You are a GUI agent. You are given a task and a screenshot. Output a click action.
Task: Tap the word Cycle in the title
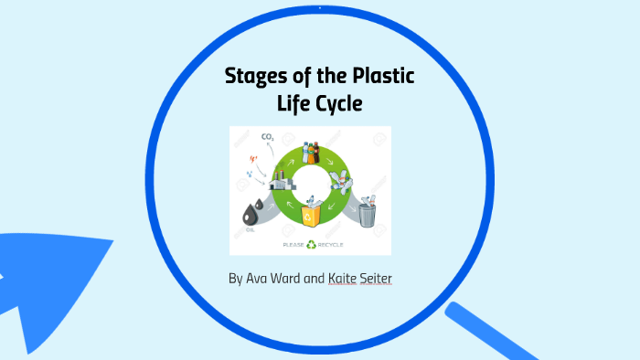tap(336, 104)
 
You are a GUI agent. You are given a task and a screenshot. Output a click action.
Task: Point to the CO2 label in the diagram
tap(268, 138)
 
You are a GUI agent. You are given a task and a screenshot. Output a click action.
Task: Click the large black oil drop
tap(250, 216)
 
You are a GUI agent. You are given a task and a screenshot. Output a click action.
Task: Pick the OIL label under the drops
tap(251, 230)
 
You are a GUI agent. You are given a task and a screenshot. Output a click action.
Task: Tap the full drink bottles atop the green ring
tap(311, 152)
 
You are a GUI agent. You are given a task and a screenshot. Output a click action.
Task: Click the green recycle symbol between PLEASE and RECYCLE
tap(312, 245)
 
